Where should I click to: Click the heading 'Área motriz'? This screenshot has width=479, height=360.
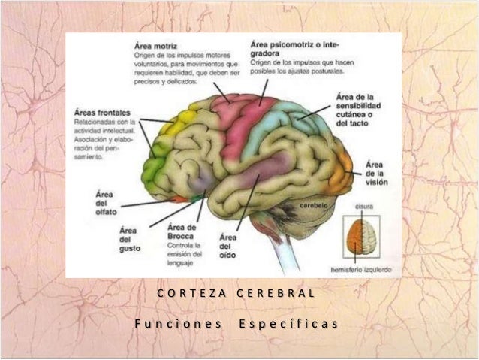(156, 44)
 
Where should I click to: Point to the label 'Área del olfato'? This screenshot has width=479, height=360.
(104, 203)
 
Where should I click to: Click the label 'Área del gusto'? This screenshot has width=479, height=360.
(129, 238)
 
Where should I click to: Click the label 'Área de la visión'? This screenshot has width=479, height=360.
(375, 174)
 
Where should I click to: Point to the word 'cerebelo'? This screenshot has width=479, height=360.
(315, 204)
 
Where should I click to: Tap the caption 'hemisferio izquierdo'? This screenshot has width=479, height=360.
(362, 268)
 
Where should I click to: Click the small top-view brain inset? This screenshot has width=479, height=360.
(361, 237)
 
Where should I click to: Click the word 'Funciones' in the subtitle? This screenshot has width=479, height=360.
(179, 324)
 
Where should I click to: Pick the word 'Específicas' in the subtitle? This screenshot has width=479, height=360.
(288, 324)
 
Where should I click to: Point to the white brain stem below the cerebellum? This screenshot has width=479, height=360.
(285, 252)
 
